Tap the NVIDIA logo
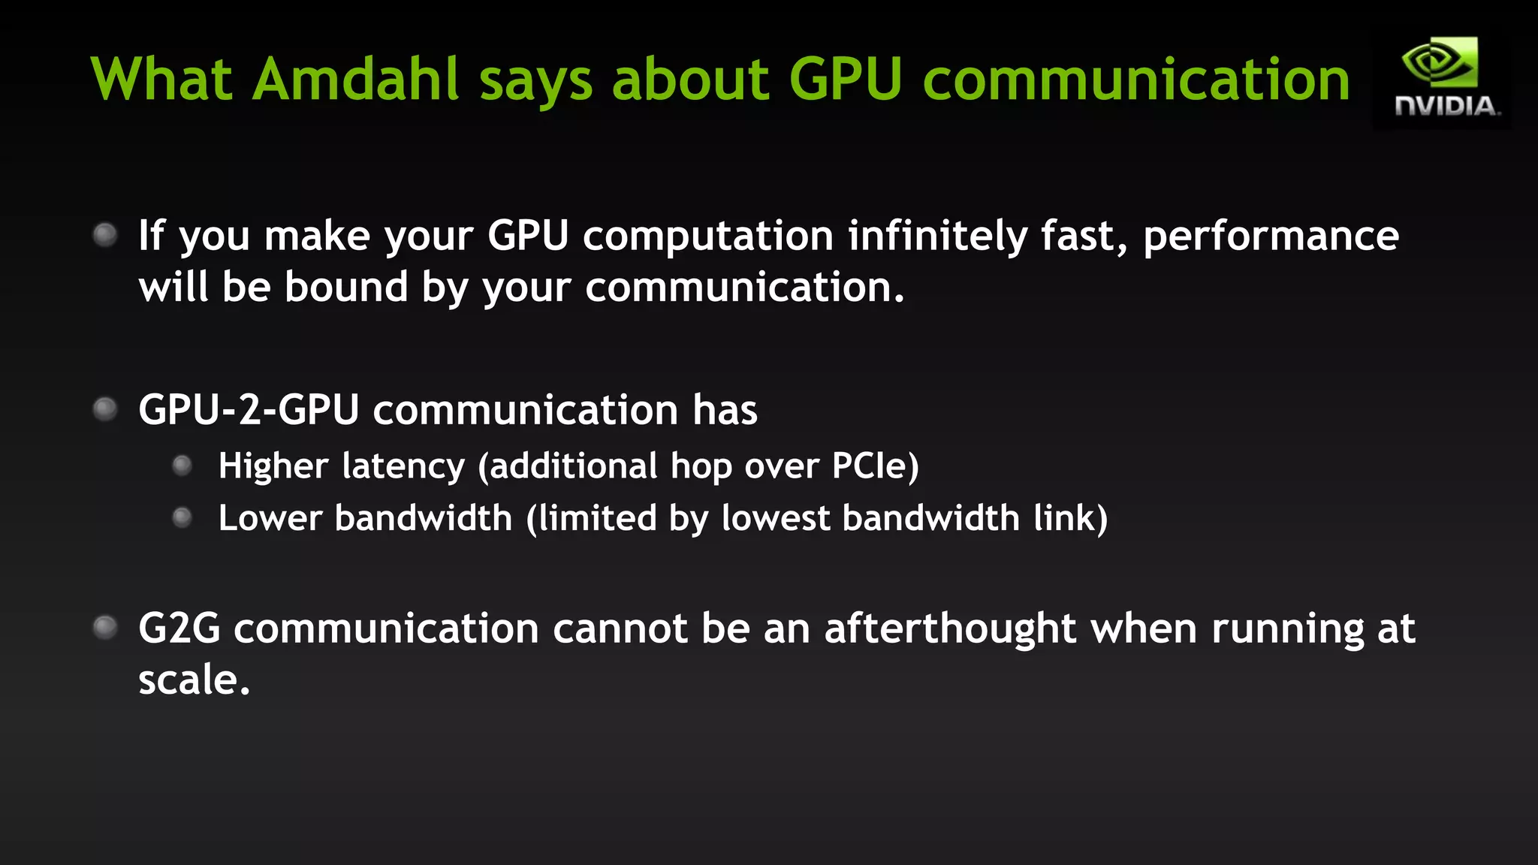(x=1443, y=78)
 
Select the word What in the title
(x=161, y=79)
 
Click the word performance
(x=1271, y=237)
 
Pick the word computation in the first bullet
(x=708, y=237)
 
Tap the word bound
(x=345, y=288)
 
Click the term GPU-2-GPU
(x=249, y=410)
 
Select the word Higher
(x=273, y=466)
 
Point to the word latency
(x=403, y=466)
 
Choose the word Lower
(x=270, y=518)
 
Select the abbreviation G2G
(x=179, y=628)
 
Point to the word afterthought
(x=951, y=628)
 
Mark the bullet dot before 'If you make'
(x=105, y=235)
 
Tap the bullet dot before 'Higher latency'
(x=182, y=466)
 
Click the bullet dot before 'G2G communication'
(x=105, y=627)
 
